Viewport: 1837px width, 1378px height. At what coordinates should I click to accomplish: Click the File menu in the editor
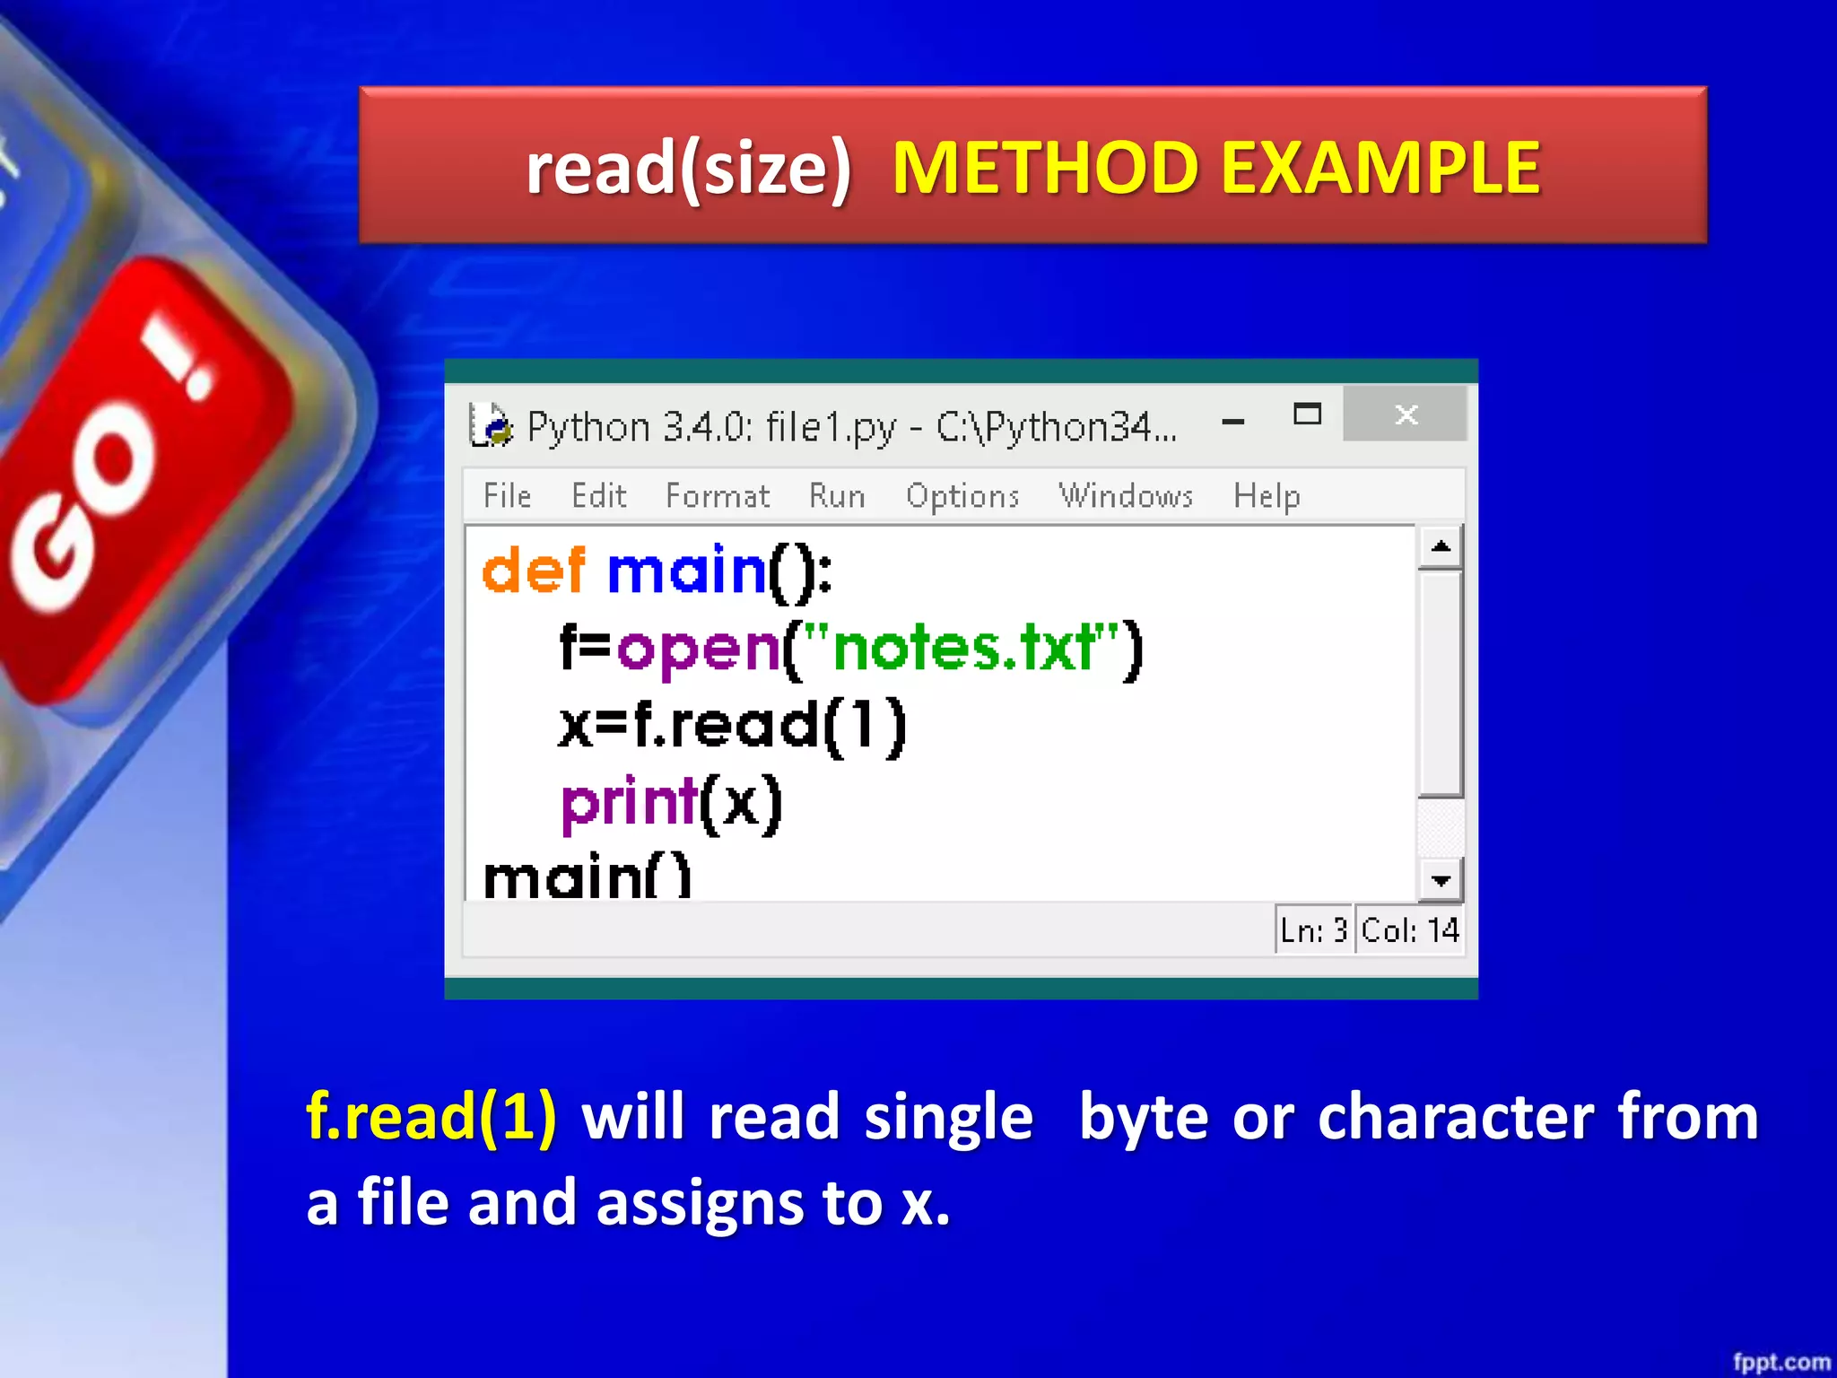[x=507, y=496]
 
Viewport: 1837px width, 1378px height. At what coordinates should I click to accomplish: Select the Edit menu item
[x=598, y=496]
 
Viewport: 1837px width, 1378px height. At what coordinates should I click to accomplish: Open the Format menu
[x=718, y=496]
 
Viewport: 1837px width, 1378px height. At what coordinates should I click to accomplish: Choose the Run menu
[x=837, y=496]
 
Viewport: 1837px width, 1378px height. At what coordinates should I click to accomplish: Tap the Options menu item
[x=962, y=496]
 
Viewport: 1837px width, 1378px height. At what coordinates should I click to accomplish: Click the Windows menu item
[x=1126, y=496]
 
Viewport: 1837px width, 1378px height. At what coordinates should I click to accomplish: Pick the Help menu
[x=1266, y=496]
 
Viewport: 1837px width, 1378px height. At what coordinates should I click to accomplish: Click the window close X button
[x=1406, y=414]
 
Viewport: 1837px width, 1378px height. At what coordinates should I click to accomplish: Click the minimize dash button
[x=1233, y=421]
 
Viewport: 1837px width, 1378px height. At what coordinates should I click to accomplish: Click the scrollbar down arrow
[x=1441, y=880]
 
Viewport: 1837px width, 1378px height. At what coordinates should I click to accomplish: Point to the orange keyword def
[x=534, y=571]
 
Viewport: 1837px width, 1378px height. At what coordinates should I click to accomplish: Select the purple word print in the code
[x=629, y=802]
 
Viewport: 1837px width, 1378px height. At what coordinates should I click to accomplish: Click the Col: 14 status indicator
[x=1409, y=930]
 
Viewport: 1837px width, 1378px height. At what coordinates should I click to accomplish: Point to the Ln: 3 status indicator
[x=1313, y=930]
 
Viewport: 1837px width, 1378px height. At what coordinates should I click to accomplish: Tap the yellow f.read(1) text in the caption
[x=431, y=1117]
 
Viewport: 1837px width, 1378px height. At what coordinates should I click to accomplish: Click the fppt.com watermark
[x=1780, y=1362]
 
